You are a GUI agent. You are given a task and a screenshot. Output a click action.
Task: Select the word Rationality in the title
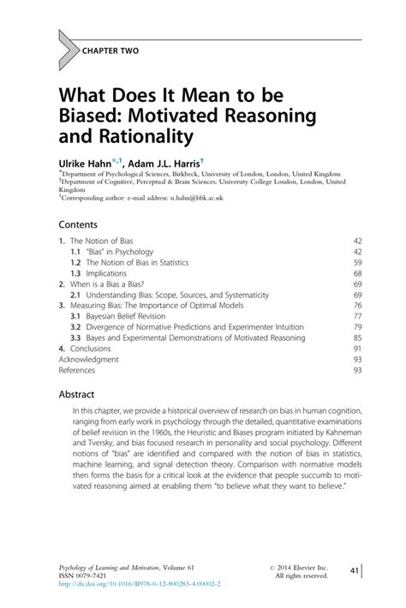point(145,136)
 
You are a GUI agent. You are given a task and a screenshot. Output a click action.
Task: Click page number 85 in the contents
point(357,338)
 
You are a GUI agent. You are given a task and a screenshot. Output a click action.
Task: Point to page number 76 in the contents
point(357,305)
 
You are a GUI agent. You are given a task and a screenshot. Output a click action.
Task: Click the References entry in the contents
point(77,372)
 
